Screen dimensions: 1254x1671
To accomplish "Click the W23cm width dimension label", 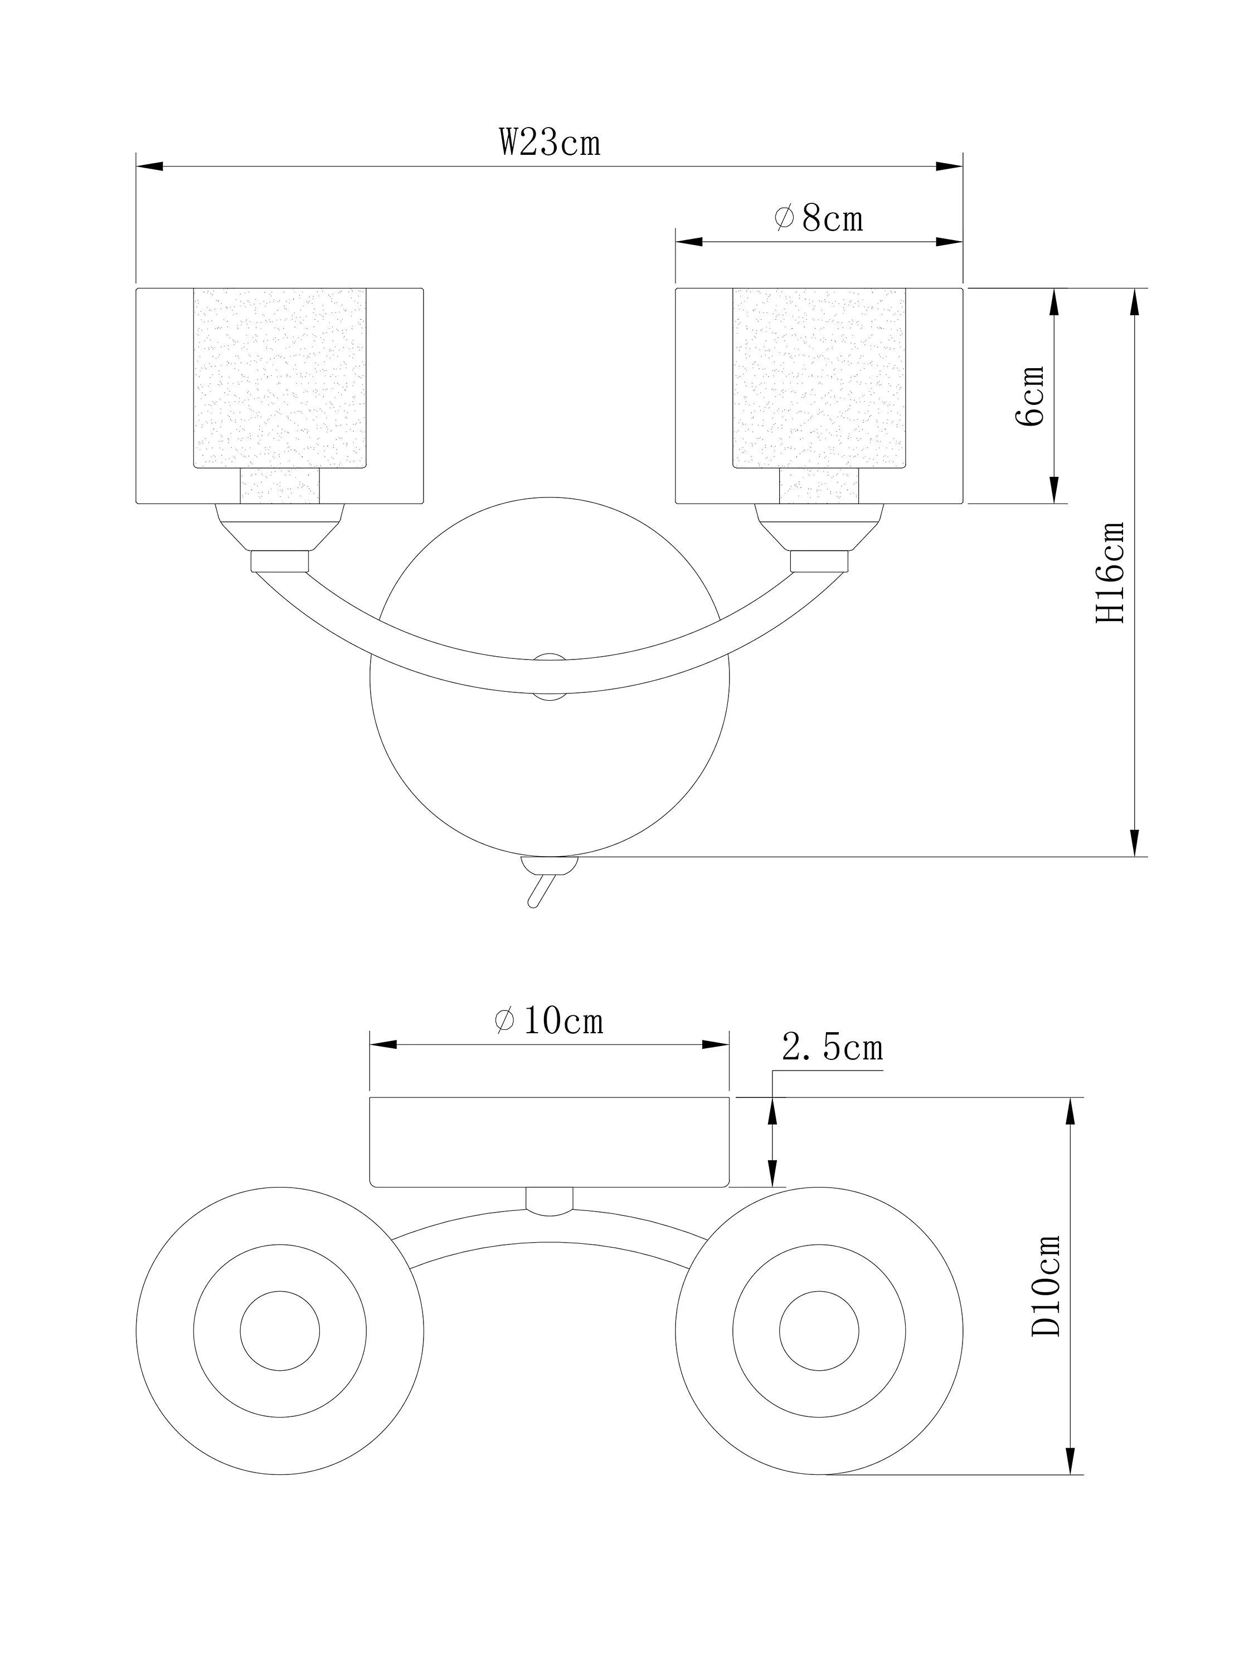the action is coord(550,141).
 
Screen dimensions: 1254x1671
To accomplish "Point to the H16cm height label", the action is coord(1111,572).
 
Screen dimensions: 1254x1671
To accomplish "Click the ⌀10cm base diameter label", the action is coord(549,1022).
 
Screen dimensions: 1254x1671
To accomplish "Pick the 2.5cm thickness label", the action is coord(832,1047).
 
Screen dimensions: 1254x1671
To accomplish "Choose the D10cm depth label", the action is coord(1046,1285).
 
